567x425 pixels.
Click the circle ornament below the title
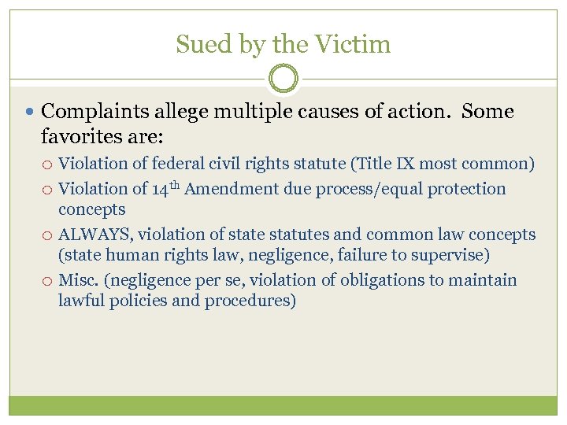[x=283, y=79]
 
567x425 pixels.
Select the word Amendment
[x=232, y=189]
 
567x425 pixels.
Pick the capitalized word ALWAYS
[x=93, y=235]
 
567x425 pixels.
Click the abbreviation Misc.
[x=79, y=280]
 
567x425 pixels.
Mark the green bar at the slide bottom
[x=283, y=405]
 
